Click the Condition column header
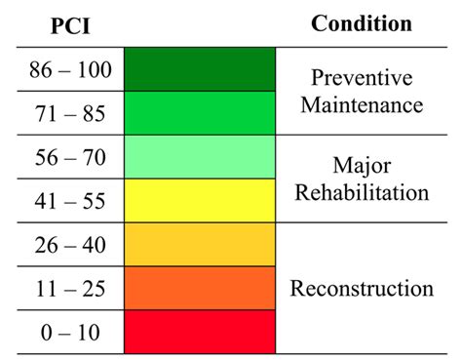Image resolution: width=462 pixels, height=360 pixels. click(361, 23)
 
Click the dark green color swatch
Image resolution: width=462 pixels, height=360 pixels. click(201, 69)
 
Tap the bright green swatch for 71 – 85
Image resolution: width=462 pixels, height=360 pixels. click(201, 113)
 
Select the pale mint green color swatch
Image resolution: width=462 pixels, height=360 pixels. click(201, 157)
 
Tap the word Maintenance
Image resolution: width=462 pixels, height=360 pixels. click(362, 102)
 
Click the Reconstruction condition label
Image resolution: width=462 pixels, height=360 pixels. click(362, 288)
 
